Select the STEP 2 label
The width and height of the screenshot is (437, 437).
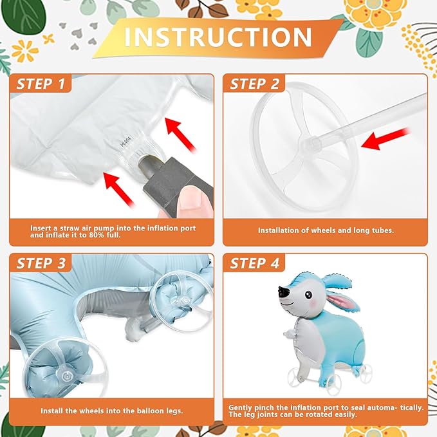[x=254, y=84]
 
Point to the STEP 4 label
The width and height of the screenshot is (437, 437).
[x=254, y=263]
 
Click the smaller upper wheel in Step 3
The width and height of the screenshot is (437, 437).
[x=180, y=293]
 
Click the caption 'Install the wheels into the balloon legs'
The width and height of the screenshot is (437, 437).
[x=111, y=410]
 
